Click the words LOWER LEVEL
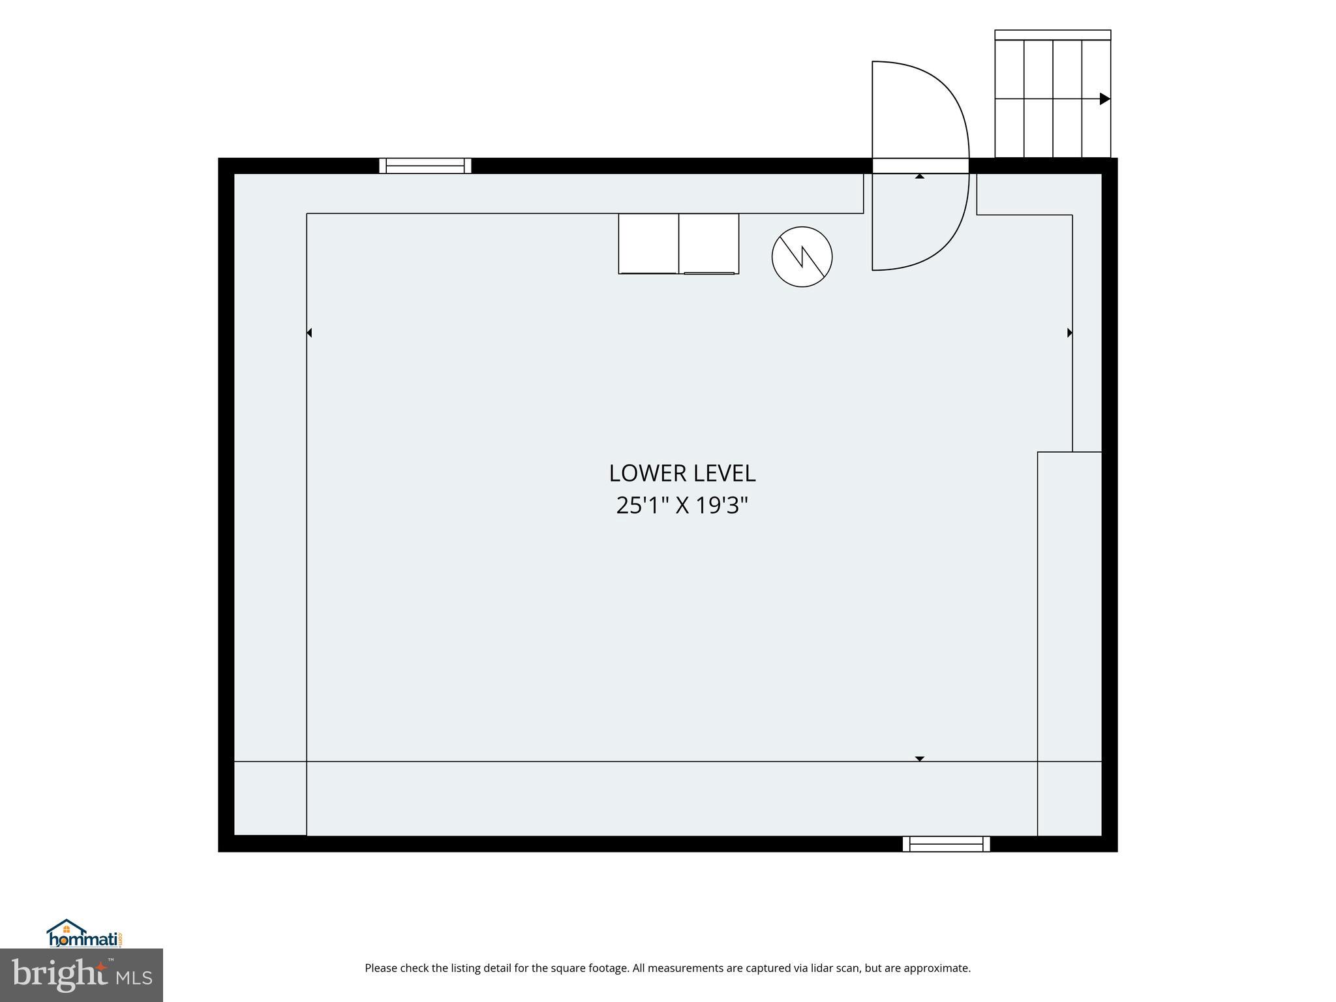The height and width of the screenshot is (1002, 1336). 682,474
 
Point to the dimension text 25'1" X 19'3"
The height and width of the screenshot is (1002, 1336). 682,506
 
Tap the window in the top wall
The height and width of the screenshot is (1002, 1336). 425,166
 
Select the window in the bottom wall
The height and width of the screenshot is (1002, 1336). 946,844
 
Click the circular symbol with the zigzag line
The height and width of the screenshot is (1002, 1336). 802,256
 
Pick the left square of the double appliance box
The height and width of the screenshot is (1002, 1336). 648,243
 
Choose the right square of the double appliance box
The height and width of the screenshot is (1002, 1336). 709,243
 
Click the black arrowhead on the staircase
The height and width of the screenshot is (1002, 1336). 1105,99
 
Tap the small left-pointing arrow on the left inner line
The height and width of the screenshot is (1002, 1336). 309,333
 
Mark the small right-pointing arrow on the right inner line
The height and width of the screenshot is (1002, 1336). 1070,333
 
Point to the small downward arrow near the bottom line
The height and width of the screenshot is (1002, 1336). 920,759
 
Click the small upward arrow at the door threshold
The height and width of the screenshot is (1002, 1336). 920,176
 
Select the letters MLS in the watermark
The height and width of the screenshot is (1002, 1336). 134,979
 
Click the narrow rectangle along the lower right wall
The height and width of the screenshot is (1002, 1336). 1070,643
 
